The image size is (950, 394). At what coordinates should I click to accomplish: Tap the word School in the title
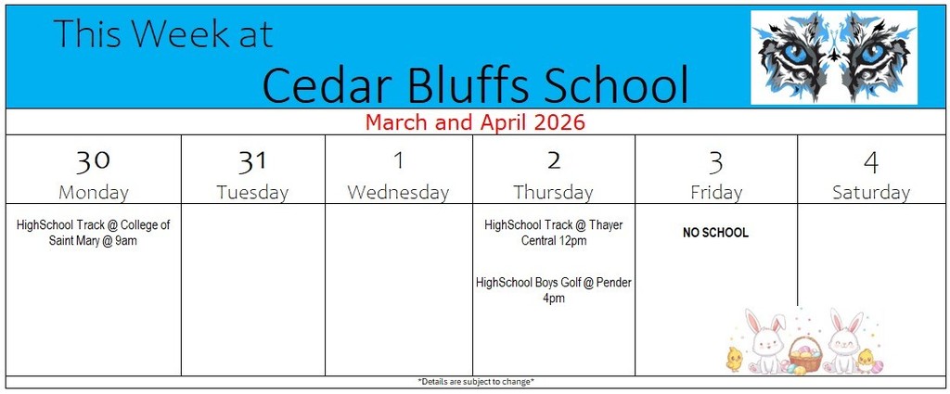[616, 84]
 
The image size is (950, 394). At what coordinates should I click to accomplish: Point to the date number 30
[93, 161]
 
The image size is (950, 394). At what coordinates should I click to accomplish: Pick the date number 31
[252, 161]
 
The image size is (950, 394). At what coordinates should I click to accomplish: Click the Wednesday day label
[398, 193]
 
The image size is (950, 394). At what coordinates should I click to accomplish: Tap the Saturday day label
[870, 193]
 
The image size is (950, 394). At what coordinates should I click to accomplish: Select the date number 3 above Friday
[716, 161]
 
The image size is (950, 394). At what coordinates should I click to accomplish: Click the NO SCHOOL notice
[715, 233]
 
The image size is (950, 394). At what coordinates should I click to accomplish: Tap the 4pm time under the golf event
[554, 299]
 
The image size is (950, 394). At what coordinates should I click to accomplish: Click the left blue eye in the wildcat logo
[795, 55]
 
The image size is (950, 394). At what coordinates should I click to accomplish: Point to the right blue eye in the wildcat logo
[872, 55]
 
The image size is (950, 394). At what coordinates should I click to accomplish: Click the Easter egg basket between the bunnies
[805, 356]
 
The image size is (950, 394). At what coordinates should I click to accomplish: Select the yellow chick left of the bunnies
[735, 360]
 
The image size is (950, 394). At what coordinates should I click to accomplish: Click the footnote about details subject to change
[476, 382]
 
